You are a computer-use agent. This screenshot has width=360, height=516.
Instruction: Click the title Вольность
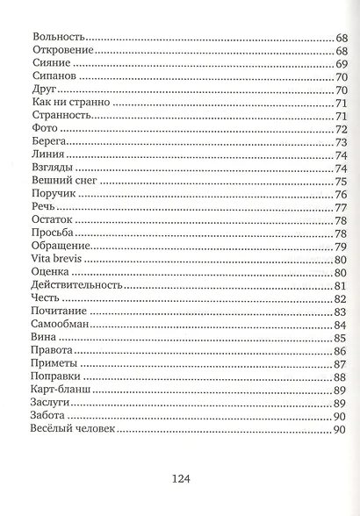coord(57,39)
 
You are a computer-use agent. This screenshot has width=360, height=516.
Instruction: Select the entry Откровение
coord(62,52)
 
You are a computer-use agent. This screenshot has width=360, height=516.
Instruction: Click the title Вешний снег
coord(67,181)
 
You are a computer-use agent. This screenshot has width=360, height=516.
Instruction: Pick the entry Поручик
coord(54,194)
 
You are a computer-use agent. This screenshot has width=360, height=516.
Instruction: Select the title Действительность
coord(76,285)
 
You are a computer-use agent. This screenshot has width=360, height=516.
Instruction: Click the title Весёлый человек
coord(72,428)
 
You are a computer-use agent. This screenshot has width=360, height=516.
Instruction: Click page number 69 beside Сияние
coord(342,65)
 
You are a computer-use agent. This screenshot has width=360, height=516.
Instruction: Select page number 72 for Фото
coord(342,129)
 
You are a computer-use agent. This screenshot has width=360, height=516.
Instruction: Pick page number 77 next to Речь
coord(342,207)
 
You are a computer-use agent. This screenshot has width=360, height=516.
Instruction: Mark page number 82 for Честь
coord(342,298)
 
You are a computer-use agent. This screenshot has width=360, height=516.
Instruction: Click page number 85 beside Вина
coord(342,337)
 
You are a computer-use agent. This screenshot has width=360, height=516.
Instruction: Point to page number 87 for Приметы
coord(342,363)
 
